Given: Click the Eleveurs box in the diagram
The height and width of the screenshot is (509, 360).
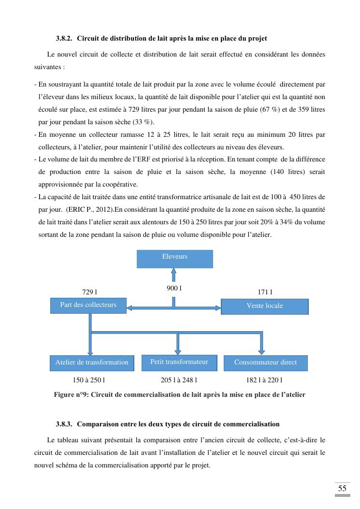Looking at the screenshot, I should point(174,259).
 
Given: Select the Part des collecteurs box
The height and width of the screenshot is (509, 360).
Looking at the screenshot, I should point(88,305).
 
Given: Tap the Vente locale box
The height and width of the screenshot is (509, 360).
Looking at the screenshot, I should point(264,306).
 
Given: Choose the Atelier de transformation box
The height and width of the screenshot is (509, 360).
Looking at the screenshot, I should point(92,363).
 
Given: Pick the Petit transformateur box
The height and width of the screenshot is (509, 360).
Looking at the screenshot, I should point(179,363).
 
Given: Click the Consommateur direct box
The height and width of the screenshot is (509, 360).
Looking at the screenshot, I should point(265,363).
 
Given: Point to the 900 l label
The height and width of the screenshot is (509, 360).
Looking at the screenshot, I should point(174,289).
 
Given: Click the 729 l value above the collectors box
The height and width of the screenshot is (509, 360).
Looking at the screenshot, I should point(90,292).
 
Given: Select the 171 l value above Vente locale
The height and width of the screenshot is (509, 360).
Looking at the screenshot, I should point(265,292).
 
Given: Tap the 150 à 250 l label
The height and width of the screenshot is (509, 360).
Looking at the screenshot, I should point(89,380).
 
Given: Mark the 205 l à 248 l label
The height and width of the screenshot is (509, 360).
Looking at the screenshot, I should point(179,380).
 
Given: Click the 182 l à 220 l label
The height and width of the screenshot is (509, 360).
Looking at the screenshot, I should point(264,380).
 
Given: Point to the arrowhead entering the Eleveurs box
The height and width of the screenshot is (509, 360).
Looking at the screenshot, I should point(174,272).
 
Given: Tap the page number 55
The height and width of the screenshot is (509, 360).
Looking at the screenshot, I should point(342,488).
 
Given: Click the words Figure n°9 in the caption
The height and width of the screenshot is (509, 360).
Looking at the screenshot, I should point(70,394).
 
